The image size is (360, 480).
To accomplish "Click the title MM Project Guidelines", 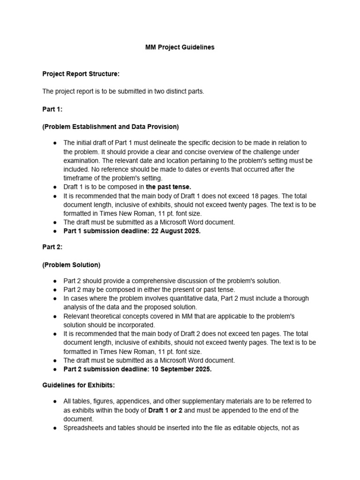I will [x=180, y=47].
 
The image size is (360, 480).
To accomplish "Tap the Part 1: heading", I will [x=52, y=109].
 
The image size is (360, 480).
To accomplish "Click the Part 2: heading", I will [x=52, y=247].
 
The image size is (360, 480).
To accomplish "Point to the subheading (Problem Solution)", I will [x=71, y=265].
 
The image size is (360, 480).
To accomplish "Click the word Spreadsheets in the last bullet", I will [x=82, y=428].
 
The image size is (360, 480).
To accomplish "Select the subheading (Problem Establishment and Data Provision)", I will [x=110, y=127].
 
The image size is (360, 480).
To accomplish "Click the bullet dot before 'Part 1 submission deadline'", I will [x=55, y=231].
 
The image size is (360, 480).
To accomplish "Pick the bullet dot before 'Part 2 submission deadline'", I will [x=55, y=369].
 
